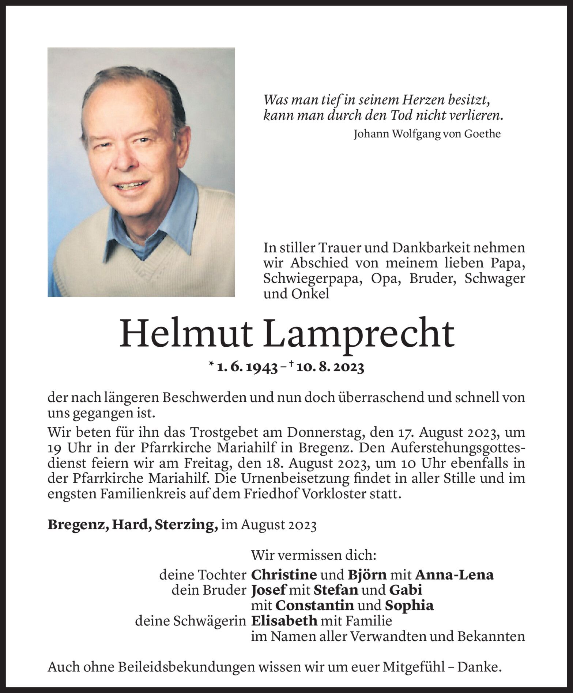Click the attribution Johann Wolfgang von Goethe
point(427,134)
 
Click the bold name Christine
point(284,575)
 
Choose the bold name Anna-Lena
point(454,575)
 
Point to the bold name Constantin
point(314,606)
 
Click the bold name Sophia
point(409,606)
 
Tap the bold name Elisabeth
point(284,621)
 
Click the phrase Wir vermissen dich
point(313,556)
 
